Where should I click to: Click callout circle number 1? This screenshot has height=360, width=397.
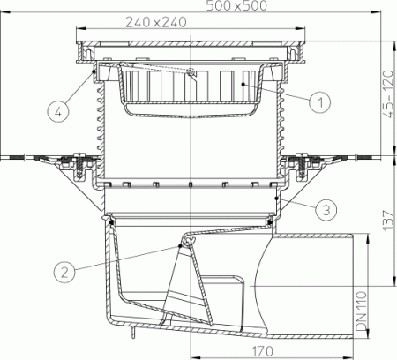coord(323,102)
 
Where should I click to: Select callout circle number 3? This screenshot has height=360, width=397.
coord(326,210)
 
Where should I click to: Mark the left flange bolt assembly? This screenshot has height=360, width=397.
coord(76,164)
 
